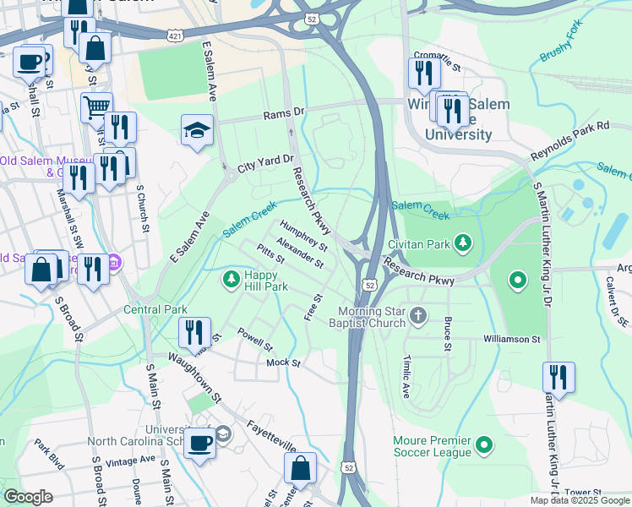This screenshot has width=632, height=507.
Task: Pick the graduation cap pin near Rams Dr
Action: [x=197, y=130]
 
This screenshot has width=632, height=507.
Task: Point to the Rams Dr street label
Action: [x=283, y=113]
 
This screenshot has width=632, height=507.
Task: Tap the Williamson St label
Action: [x=511, y=339]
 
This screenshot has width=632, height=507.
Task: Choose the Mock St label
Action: [x=283, y=363]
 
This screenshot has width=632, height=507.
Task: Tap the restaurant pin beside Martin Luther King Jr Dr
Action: [x=558, y=376]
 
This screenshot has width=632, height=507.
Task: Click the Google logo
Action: [x=28, y=497]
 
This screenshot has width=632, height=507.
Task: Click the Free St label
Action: [x=314, y=308]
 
